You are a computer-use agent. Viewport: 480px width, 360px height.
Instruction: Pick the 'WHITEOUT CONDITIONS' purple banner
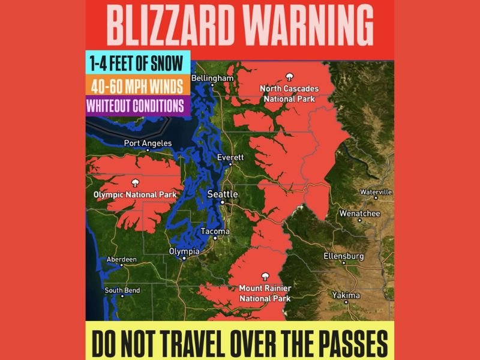click(135, 105)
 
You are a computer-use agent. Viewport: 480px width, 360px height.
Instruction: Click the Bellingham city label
click(212, 79)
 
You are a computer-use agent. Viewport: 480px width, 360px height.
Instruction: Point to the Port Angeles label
click(148, 143)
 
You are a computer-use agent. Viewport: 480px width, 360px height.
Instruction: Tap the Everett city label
click(231, 157)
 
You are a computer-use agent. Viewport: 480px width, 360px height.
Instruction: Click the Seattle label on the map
click(223, 194)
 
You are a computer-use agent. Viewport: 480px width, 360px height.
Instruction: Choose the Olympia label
click(182, 251)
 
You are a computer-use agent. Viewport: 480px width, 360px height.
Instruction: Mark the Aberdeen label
click(121, 259)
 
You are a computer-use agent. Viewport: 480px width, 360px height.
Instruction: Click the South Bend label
click(122, 290)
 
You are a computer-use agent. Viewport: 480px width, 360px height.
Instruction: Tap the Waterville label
click(376, 192)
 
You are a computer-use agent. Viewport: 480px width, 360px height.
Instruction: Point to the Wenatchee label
click(359, 213)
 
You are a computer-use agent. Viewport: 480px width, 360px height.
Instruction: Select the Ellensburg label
click(344, 256)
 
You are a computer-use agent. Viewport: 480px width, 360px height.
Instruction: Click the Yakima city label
click(346, 295)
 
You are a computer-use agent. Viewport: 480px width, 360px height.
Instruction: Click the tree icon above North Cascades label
click(289, 77)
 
